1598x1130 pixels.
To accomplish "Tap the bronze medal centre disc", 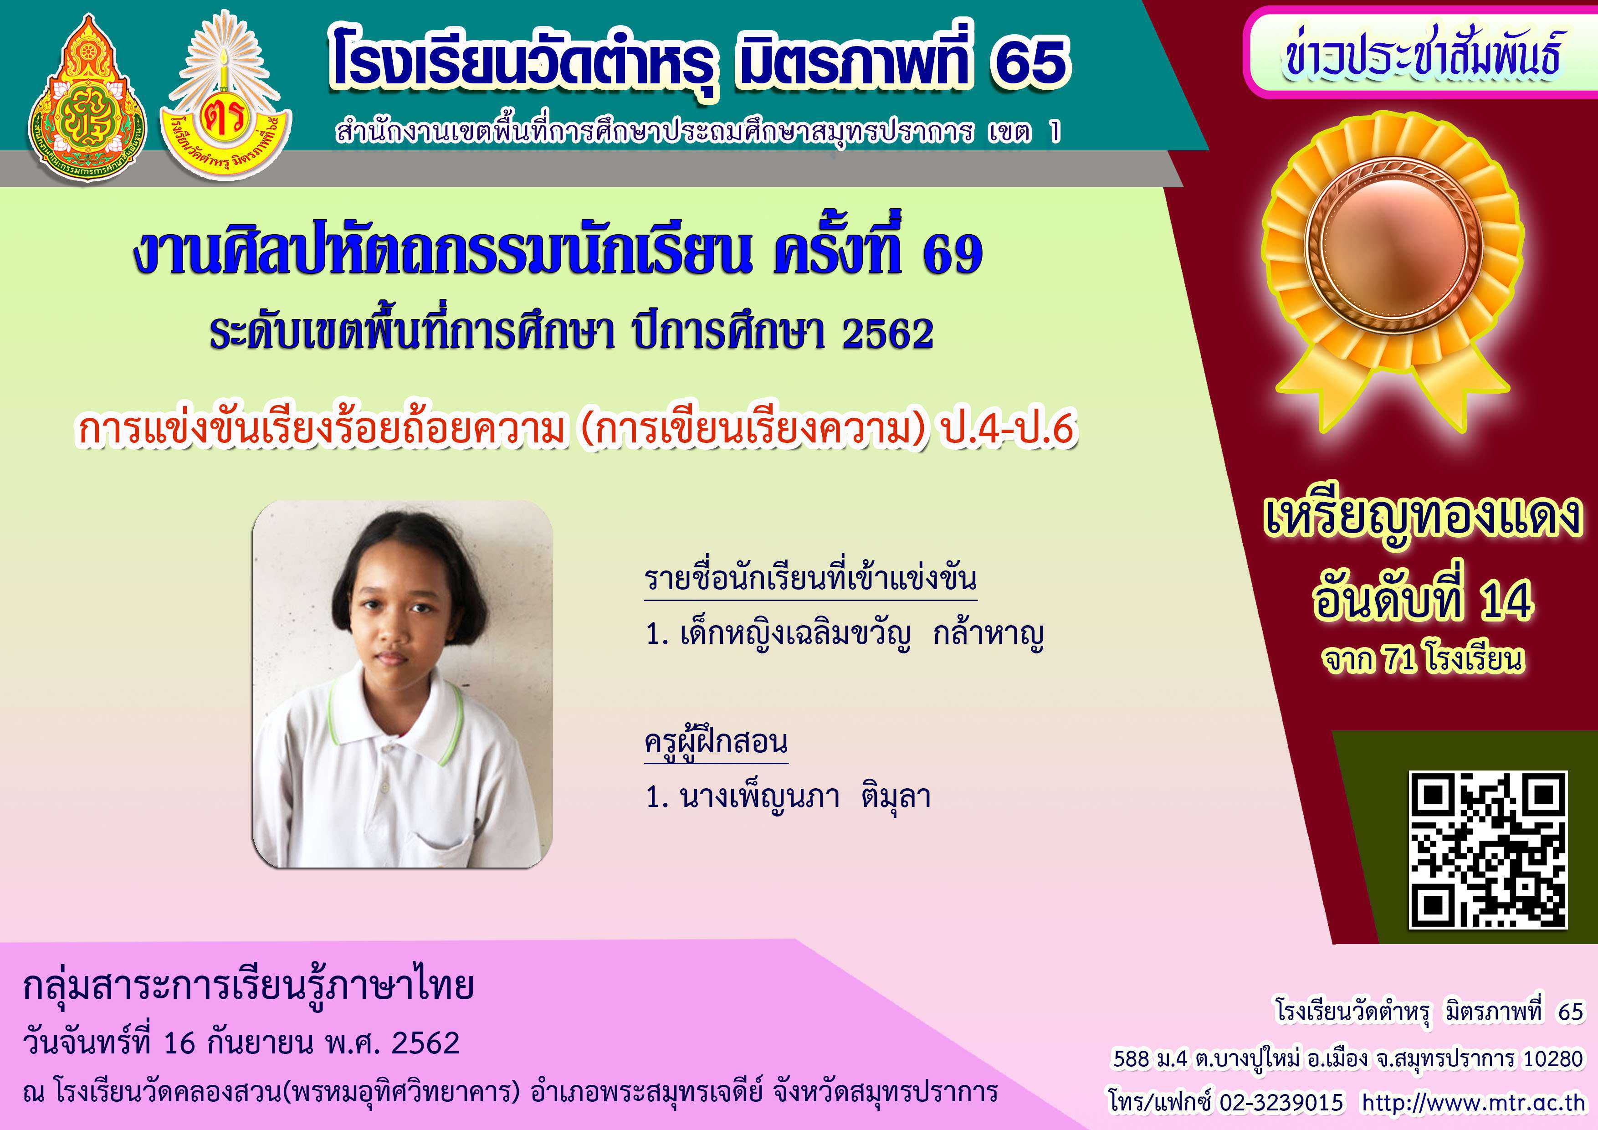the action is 1393,244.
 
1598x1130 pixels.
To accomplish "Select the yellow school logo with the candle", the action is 225,93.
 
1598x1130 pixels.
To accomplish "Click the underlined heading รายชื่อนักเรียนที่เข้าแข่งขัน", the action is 811,579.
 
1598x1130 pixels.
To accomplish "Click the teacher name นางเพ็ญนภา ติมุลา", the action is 806,796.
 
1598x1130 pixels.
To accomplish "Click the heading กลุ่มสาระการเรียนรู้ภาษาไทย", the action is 248,986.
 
